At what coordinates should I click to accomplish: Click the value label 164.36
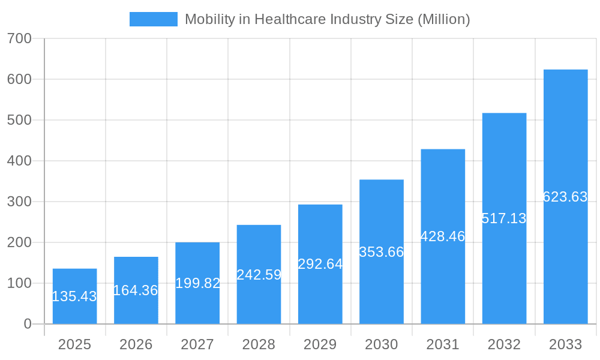pos(136,290)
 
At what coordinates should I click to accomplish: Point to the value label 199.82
pos(197,283)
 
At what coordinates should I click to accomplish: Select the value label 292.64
pos(320,264)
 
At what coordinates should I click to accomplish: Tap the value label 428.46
pos(443,236)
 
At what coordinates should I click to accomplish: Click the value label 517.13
pos(504,218)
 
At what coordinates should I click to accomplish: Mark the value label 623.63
pos(565,197)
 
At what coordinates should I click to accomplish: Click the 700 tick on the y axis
pos(19,38)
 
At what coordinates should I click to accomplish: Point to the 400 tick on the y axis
pos(19,161)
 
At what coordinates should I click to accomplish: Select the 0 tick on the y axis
pos(27,324)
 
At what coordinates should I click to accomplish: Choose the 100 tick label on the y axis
pos(19,283)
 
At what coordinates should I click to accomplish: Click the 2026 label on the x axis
pos(136,344)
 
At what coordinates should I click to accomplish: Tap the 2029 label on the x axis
pos(320,344)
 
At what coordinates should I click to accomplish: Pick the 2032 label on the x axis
pos(504,344)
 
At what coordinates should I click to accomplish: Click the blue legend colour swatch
pos(154,19)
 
